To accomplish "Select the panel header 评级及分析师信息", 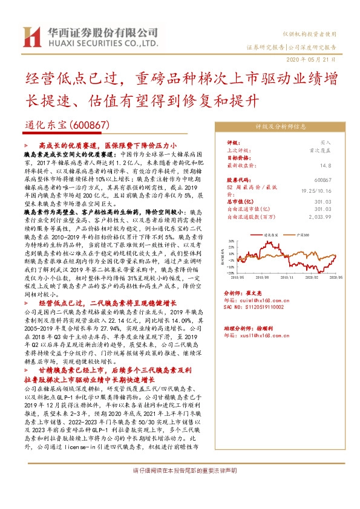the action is pos(282,127).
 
